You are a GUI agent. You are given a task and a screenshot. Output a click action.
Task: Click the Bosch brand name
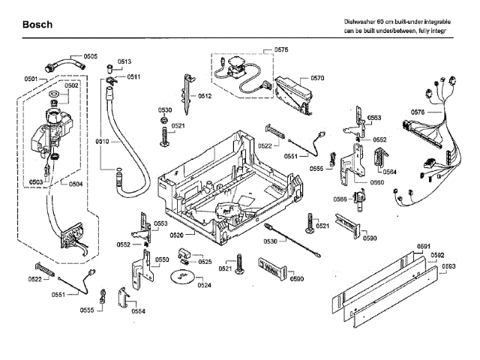pos(37,25)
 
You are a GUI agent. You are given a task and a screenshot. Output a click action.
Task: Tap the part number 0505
pos(90,56)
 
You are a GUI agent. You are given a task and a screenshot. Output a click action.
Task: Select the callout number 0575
pos(281,49)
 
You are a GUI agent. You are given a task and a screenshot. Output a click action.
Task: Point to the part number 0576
pos(418,112)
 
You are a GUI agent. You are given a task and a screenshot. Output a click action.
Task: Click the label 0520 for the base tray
pos(178,235)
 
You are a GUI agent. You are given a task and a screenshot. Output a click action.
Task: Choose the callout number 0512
pos(205,96)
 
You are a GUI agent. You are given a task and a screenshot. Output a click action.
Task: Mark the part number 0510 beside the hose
pos(103,141)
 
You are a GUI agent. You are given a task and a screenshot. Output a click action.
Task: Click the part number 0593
pos(448,266)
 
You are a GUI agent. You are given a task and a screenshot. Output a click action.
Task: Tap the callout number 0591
pos(424,247)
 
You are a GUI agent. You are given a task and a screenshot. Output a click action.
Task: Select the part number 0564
pos(390,172)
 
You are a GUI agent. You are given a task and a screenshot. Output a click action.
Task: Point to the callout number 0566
pos(340,199)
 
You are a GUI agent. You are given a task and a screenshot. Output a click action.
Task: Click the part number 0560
pos(377,182)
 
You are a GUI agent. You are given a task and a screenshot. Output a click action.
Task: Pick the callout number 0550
pos(162,259)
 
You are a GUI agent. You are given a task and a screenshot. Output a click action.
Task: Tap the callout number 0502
pos(71,86)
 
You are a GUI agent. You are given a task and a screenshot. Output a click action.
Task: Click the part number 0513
pos(124,61)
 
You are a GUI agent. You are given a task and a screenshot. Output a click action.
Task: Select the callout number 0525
pos(204,262)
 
